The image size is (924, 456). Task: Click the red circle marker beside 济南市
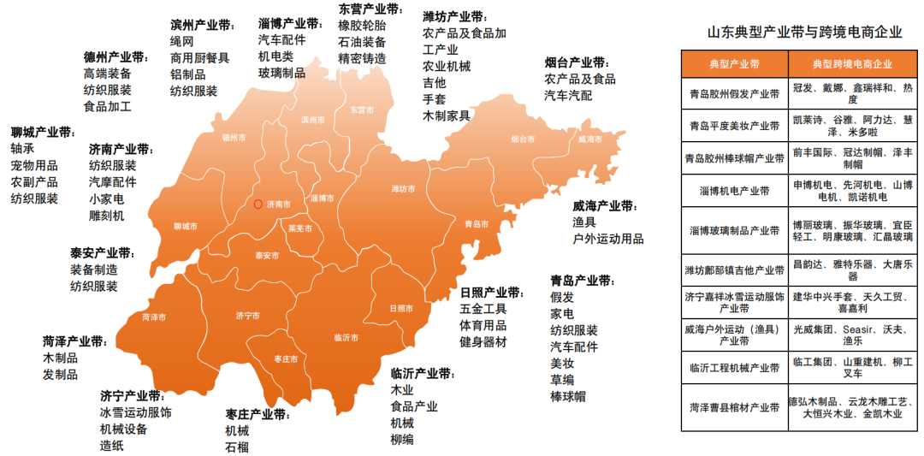[258, 204]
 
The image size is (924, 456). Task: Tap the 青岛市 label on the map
[477, 224]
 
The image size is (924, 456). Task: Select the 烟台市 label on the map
[522, 139]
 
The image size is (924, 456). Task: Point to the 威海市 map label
[590, 139]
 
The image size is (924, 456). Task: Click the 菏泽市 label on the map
[154, 317]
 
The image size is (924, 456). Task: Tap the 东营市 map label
[362, 110]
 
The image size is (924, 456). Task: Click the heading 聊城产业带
[42, 133]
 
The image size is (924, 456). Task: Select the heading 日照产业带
[490, 293]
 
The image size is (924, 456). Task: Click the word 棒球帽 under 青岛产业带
[567, 396]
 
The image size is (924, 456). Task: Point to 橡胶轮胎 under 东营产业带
[361, 26]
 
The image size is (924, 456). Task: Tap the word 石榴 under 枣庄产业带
[237, 447]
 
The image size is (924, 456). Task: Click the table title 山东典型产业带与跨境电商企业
[803, 33]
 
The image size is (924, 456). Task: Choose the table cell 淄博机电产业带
[734, 191]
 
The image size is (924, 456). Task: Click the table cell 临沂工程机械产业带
[734, 368]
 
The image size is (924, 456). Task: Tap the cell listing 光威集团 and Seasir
[851, 335]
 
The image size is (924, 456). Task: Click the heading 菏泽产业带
[74, 342]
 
